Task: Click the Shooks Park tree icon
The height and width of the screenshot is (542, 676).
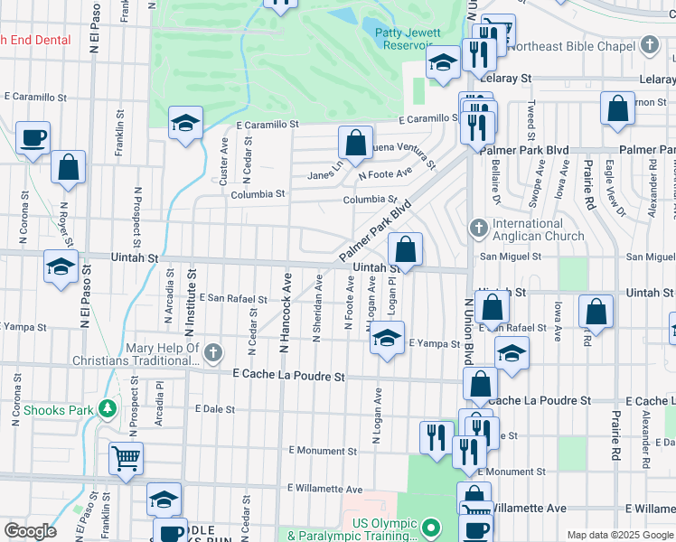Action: (108, 408)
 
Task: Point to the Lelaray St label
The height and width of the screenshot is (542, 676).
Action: (507, 79)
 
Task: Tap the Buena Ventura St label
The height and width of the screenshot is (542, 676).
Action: (403, 154)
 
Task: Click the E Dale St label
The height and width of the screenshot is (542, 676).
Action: (215, 409)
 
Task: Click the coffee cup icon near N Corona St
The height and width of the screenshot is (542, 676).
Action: (33, 137)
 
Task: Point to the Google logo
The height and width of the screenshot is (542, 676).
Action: (30, 531)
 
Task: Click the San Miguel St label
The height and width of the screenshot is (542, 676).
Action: (511, 257)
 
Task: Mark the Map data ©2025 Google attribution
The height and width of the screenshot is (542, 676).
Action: (620, 535)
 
